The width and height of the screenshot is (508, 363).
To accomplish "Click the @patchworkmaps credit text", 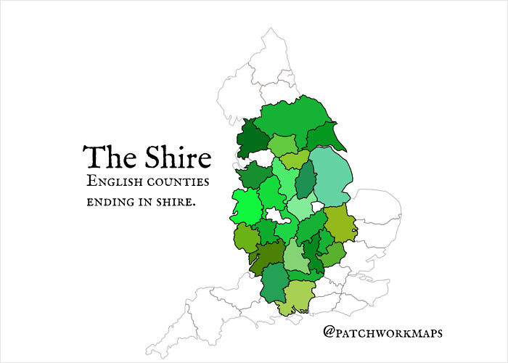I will [x=384, y=333].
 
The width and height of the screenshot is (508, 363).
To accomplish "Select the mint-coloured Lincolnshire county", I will [x=335, y=178].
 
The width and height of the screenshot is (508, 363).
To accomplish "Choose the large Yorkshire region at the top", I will [x=290, y=116].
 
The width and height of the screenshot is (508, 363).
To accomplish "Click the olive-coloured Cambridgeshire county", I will [x=340, y=224].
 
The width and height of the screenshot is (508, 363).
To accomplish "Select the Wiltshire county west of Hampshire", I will [x=274, y=283].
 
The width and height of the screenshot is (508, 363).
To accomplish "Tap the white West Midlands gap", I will [x=276, y=215].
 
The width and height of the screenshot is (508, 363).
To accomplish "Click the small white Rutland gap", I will [x=317, y=206].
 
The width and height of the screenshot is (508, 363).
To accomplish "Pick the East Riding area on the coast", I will [x=324, y=136].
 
